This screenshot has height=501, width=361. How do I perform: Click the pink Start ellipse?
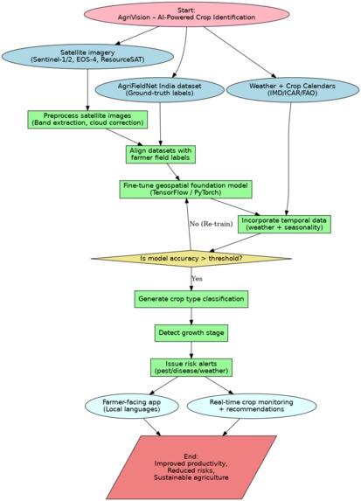[x=186, y=14]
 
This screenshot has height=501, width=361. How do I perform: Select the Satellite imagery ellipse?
[x=87, y=57]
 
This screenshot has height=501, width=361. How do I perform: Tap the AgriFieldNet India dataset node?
[x=160, y=90]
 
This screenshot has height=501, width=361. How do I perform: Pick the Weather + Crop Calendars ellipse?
[x=292, y=90]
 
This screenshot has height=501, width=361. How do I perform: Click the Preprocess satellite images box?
[x=87, y=120]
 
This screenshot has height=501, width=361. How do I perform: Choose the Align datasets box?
[x=160, y=155]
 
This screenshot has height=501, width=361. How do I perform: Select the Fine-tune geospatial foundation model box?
[x=185, y=189]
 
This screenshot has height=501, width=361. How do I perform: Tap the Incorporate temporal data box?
[x=284, y=224]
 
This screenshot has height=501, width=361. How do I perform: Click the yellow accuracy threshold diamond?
[x=191, y=259]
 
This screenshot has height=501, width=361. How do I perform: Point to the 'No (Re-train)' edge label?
[x=211, y=224]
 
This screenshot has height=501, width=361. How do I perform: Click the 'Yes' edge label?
[x=197, y=279]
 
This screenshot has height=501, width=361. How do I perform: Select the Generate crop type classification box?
[x=191, y=299]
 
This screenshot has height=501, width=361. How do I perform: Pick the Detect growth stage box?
[x=191, y=333]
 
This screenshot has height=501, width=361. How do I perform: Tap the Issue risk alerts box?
[x=191, y=367]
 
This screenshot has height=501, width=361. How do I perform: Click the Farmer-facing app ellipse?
[x=132, y=406]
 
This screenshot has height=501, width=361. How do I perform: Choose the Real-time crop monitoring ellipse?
[x=252, y=406]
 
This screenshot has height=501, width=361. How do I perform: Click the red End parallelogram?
[x=191, y=467]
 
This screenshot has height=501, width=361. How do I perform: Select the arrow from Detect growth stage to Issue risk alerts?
[x=191, y=350]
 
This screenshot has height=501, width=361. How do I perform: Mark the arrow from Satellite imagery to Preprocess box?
[x=87, y=90]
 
